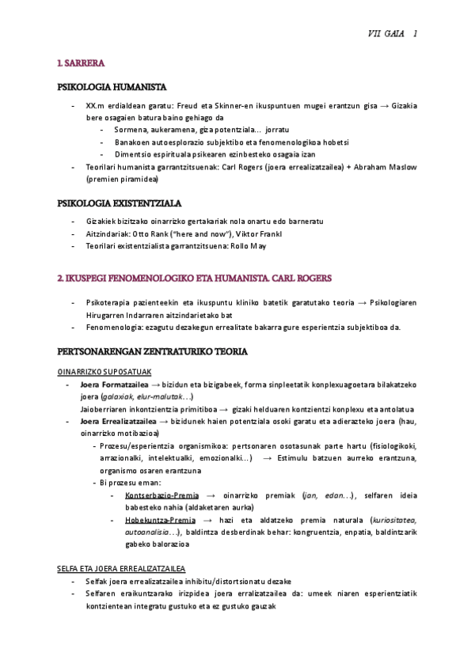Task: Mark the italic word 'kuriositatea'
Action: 394,521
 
